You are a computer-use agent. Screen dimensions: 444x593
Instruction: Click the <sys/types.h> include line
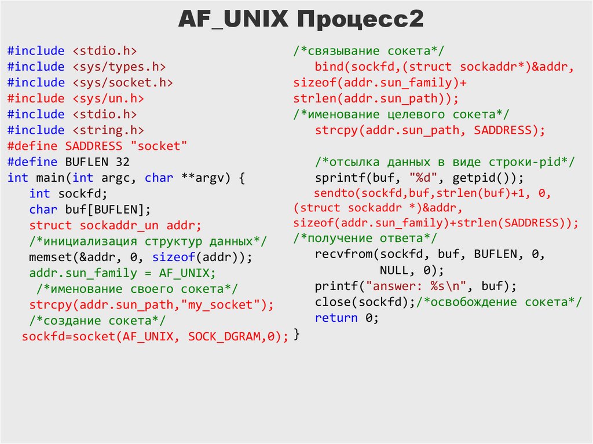[87, 67]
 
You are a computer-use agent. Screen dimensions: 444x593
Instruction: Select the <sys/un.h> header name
[108, 98]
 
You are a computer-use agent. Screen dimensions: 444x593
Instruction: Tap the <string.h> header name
[108, 130]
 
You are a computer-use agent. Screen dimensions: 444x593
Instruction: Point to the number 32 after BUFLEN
[123, 162]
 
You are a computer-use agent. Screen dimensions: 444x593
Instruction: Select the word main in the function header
[50, 178]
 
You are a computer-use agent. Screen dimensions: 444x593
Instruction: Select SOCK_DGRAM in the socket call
[223, 337]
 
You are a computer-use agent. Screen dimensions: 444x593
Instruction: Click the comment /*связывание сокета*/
[368, 51]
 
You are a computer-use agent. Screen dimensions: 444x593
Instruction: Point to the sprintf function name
[340, 178]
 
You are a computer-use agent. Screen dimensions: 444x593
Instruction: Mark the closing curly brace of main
[297, 335]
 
